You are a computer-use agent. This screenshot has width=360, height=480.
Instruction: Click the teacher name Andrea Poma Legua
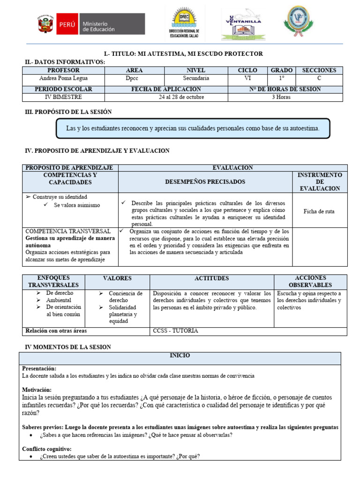(x=63, y=78)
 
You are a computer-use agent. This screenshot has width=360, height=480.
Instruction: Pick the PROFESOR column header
(x=63, y=70)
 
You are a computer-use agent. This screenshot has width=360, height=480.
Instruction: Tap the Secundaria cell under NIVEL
(x=196, y=78)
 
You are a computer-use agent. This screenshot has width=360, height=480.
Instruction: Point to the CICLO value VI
(x=248, y=78)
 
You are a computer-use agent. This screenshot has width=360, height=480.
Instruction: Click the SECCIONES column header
(x=319, y=70)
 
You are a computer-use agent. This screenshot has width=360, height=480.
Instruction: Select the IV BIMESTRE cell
(x=63, y=97)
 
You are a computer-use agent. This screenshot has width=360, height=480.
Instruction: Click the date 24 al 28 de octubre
(x=166, y=97)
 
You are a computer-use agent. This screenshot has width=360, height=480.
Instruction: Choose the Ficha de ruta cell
(x=319, y=211)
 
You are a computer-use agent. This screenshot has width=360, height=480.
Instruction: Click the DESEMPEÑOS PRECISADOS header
(x=205, y=181)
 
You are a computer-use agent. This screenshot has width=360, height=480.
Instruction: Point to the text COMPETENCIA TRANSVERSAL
(x=68, y=232)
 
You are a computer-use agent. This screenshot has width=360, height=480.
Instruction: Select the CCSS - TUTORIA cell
(x=175, y=331)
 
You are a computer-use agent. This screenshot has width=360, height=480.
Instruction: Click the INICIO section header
(x=180, y=356)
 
